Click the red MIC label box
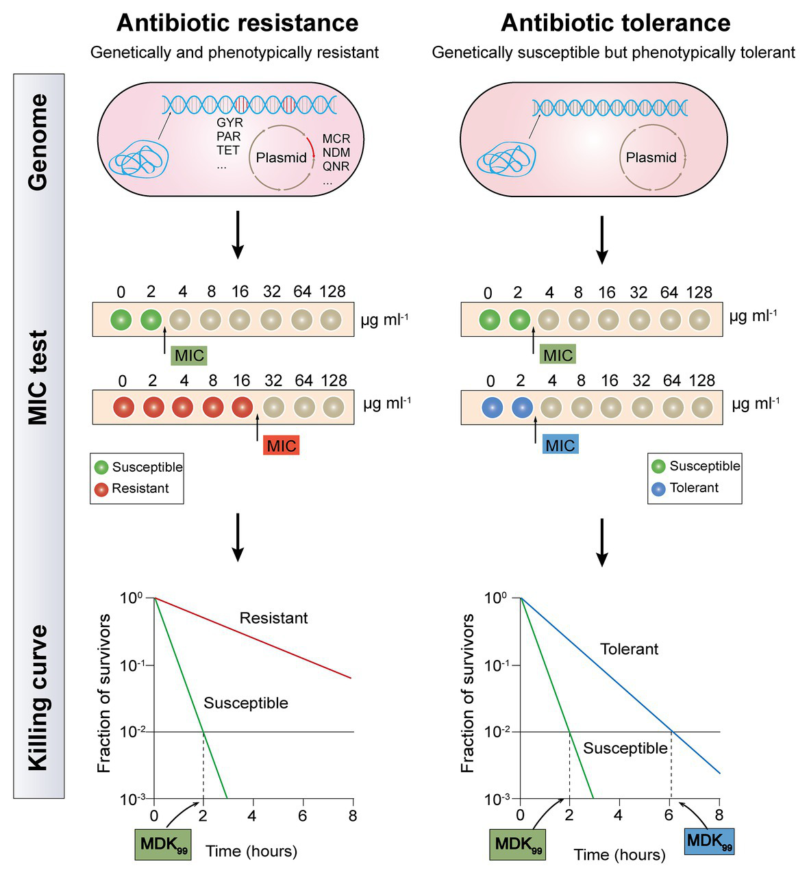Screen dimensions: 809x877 [281, 445]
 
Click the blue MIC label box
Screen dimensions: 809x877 [560, 444]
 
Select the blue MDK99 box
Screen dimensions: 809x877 [709, 841]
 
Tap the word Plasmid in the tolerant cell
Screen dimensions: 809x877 [651, 157]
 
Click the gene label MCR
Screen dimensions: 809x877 [336, 139]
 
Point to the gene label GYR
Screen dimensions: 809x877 [229, 123]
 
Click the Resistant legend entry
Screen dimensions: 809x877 [132, 488]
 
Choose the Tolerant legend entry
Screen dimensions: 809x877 [685, 487]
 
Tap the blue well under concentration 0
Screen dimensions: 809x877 [492, 407]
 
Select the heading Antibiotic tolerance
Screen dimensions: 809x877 [615, 23]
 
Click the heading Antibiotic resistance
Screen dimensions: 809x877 [237, 23]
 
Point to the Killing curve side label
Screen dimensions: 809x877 [38, 698]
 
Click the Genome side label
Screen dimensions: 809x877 [38, 142]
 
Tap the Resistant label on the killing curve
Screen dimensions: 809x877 [273, 618]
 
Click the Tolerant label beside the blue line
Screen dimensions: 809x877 [629, 649]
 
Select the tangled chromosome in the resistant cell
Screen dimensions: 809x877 [139, 162]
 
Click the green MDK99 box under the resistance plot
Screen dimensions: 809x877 [162, 844]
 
